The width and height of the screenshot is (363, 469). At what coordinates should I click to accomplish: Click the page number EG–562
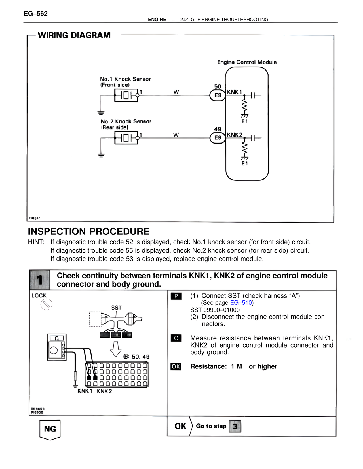(x=36, y=14)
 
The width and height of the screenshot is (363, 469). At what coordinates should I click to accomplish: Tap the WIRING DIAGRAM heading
(x=74, y=35)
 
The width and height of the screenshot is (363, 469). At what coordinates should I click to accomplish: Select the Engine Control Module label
(x=247, y=62)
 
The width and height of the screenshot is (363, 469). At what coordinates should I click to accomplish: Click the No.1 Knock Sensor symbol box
(x=126, y=95)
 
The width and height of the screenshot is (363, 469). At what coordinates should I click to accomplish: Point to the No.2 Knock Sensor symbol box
(x=126, y=138)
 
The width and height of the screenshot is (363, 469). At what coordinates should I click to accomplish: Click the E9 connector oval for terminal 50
(x=218, y=95)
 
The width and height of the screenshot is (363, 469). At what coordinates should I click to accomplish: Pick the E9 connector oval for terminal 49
(x=218, y=138)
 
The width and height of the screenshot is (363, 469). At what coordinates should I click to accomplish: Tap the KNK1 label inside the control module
(x=234, y=92)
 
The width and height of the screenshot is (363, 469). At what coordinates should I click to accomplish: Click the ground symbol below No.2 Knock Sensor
(x=101, y=155)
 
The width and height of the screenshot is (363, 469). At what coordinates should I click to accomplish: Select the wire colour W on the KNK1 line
(x=176, y=92)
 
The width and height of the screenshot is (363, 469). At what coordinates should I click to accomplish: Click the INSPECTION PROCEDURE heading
(x=88, y=231)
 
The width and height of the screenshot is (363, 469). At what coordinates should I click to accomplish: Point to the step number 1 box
(x=40, y=280)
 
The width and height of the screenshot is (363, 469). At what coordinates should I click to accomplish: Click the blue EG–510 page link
(x=241, y=303)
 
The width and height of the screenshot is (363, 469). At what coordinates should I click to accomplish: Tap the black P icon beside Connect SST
(x=176, y=296)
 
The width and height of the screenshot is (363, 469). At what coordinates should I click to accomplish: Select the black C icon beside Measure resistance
(x=176, y=338)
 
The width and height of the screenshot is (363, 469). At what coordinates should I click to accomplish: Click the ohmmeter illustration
(x=57, y=347)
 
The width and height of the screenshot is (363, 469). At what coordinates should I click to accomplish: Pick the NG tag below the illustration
(x=50, y=429)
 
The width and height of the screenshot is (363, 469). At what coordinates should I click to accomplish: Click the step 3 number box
(x=235, y=426)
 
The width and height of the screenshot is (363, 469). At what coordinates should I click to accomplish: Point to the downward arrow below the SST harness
(x=116, y=349)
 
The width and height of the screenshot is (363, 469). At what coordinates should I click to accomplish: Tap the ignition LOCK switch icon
(x=46, y=304)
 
